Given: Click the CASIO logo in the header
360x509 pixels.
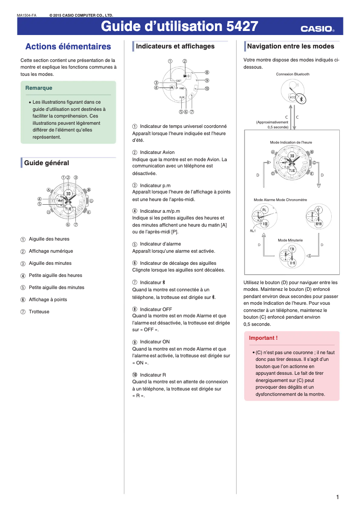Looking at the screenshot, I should (317, 29).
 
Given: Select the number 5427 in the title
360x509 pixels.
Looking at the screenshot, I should (242, 27).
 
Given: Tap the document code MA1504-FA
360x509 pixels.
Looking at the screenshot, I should (26, 15).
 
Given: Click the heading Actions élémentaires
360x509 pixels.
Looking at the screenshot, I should (68, 47).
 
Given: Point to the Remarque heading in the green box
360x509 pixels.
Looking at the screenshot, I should (39, 88).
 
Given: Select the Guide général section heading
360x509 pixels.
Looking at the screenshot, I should (47, 163).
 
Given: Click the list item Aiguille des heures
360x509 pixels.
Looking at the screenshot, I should (49, 239).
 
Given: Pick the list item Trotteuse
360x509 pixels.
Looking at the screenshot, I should (39, 312).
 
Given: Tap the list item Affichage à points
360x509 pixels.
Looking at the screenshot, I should (48, 300).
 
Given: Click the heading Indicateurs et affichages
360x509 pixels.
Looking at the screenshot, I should (175, 46).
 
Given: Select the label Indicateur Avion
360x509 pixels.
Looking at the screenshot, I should (157, 153).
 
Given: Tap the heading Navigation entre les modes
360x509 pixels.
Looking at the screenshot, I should (290, 46).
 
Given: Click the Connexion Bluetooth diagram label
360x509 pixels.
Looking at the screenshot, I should (293, 74).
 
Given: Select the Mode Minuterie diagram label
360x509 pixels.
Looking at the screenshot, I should (290, 240).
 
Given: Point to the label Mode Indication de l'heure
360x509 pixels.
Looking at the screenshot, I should (290, 142).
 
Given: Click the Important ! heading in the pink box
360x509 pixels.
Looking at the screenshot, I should (263, 338).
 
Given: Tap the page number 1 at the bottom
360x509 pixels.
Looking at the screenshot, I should (337, 497).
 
